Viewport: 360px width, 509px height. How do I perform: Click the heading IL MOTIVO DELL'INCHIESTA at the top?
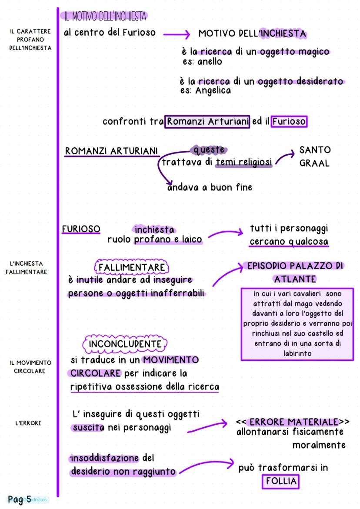pyautogui.click(x=105, y=17)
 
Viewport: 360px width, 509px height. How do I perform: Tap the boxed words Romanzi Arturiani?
pyautogui.click(x=207, y=121)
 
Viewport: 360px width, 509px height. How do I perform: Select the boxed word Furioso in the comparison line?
pyautogui.click(x=289, y=121)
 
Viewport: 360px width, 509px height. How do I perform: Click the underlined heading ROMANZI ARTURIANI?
pyautogui.click(x=112, y=151)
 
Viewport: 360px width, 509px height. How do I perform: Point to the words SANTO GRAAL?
pyautogui.click(x=315, y=156)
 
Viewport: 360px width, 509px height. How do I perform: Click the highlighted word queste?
pyautogui.click(x=210, y=150)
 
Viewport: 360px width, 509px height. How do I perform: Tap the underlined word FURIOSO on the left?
pyautogui.click(x=81, y=229)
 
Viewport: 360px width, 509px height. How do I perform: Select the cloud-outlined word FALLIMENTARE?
pyautogui.click(x=132, y=266)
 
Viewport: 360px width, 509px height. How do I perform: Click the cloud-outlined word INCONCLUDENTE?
pyautogui.click(x=125, y=344)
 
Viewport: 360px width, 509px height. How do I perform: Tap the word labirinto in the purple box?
pyautogui.click(x=297, y=353)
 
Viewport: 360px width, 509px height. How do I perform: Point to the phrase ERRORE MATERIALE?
pyautogui.click(x=293, y=422)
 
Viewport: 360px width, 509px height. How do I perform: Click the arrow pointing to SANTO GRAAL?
pyautogui.click(x=285, y=157)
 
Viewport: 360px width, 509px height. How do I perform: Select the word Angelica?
pyautogui.click(x=213, y=91)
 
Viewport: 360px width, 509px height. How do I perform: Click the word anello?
pyautogui.click(x=210, y=61)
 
